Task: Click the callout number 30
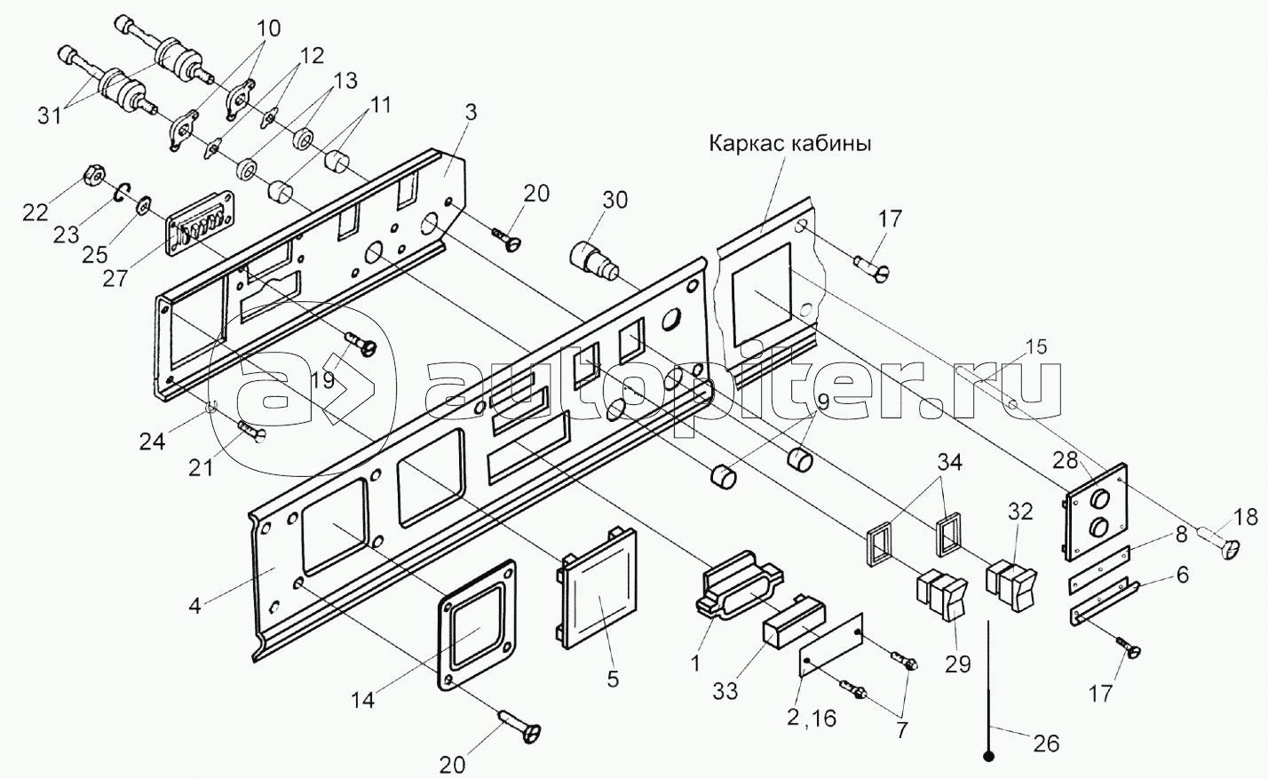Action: [614, 200]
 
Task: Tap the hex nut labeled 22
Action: [93, 176]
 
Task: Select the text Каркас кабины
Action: [789, 145]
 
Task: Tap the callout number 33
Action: [725, 691]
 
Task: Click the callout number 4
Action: [194, 606]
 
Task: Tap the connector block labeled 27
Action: [199, 222]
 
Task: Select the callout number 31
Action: [52, 117]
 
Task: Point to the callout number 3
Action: [470, 113]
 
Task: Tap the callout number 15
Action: [1036, 347]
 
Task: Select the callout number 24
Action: [153, 441]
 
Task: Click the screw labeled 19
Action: [361, 343]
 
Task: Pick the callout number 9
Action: [822, 402]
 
